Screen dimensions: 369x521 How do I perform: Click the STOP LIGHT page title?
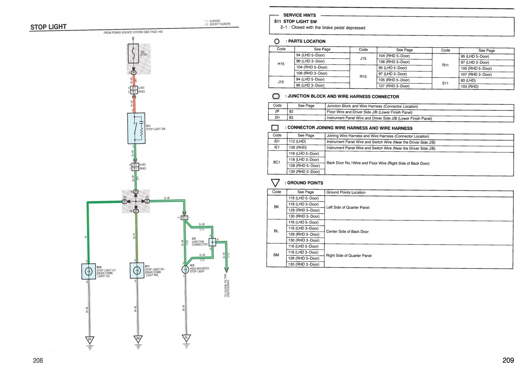click(48, 27)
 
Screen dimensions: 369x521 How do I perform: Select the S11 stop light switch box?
click(136, 128)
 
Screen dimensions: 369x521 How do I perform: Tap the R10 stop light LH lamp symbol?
click(89, 271)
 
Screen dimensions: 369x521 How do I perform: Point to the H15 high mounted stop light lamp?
click(185, 269)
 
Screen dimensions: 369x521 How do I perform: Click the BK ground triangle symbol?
click(89, 340)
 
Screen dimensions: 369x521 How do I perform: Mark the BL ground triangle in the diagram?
click(186, 338)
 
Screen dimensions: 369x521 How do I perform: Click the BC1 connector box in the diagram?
click(184, 218)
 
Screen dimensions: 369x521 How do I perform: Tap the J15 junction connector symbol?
click(212, 242)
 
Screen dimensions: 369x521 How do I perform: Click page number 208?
click(38, 360)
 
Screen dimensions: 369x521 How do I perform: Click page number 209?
click(508, 360)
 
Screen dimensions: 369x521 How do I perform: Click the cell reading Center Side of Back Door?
click(347, 232)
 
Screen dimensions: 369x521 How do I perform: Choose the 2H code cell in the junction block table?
click(277, 118)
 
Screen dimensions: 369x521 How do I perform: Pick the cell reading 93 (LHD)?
click(468, 81)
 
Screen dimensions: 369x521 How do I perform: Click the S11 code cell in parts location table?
click(445, 83)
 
